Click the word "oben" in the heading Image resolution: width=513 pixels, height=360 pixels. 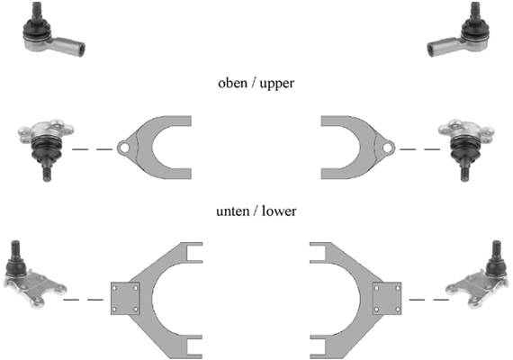232,83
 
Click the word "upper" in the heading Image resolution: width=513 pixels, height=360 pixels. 277,84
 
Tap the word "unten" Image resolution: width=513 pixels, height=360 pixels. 232,211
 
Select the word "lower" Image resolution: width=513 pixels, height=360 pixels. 279,211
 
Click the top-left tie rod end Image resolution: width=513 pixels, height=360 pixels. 52,31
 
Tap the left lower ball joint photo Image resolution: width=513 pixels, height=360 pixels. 34,274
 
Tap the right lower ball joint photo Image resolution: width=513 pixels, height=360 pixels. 478,274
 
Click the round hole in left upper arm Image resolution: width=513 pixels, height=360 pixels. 123,148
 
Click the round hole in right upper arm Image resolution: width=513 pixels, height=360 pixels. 388,148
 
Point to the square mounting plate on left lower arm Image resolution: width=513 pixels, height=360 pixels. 125,299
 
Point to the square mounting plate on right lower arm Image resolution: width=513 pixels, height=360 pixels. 387,299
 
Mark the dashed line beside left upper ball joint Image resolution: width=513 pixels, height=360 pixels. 93,149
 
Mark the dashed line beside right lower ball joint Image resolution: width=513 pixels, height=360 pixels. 429,299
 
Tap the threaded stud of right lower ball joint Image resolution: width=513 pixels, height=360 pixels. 497,248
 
